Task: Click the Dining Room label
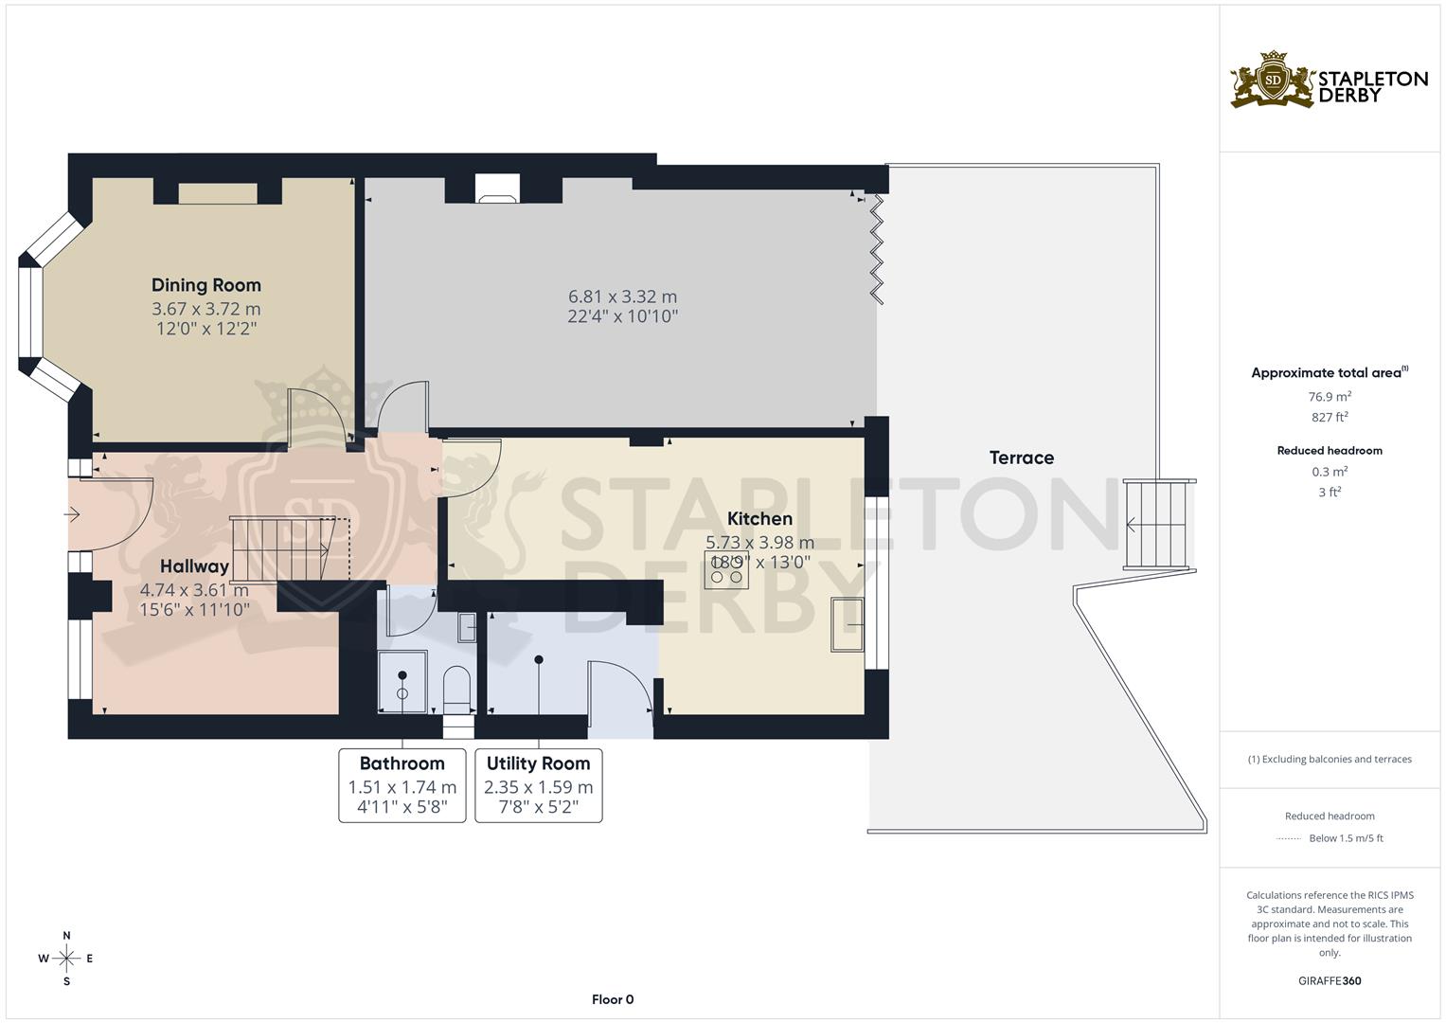tap(206, 285)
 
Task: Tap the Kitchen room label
tap(759, 519)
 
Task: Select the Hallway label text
tap(194, 566)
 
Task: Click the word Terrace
tap(1021, 458)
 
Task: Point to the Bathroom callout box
tap(402, 785)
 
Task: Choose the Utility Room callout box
tap(538, 785)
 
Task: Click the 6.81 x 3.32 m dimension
tap(622, 296)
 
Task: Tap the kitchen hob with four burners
tap(726, 570)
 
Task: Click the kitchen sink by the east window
tap(847, 625)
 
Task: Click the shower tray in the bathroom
tap(402, 682)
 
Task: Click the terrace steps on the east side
tap(1157, 524)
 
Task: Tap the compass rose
tap(66, 959)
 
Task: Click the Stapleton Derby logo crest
tap(1273, 81)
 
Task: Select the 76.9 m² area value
tap(1330, 397)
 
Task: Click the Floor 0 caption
tap(613, 999)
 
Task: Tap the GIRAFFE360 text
tap(1330, 980)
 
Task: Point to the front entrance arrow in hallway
tap(73, 514)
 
